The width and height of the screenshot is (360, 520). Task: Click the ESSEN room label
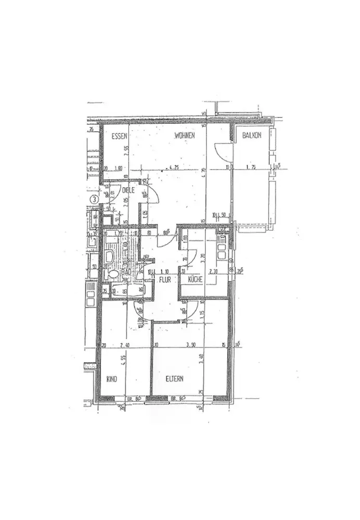[120, 136]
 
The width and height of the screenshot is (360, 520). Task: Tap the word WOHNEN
[185, 136]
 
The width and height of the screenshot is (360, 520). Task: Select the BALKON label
[251, 136]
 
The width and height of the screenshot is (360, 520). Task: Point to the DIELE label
[128, 190]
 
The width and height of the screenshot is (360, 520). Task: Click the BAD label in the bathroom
[126, 271]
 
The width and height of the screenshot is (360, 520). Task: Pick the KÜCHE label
[196, 279]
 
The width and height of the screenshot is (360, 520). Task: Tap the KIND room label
[111, 379]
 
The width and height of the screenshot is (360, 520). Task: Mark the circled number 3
[94, 199]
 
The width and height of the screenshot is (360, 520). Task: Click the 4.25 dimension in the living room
[173, 168]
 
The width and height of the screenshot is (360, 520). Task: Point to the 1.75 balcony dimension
[252, 168]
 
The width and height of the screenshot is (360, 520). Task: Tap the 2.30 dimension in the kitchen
[213, 271]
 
